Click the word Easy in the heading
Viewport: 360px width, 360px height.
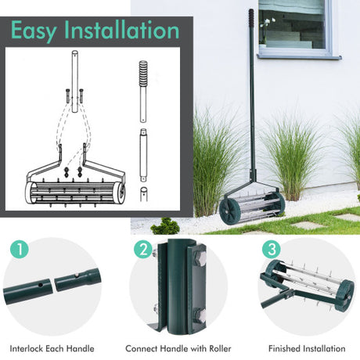[x=34, y=31]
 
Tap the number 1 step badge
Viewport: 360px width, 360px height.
[x=20, y=249]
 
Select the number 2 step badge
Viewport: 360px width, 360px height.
[x=143, y=249]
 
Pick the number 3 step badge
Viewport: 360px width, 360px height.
[x=272, y=249]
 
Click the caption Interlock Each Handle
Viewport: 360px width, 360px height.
[x=52, y=348]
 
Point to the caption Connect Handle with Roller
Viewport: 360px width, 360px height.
[x=178, y=348]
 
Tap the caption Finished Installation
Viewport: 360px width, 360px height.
[x=307, y=348]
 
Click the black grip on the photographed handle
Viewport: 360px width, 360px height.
[x=251, y=16]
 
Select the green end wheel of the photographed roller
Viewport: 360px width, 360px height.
[x=229, y=211]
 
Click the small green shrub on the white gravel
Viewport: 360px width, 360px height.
[x=166, y=226]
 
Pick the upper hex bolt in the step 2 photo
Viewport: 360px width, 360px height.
[x=200, y=259]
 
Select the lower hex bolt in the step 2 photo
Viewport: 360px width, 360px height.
[x=200, y=316]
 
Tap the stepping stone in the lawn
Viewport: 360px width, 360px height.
[x=308, y=225]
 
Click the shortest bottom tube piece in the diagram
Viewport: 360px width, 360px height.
[x=143, y=194]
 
